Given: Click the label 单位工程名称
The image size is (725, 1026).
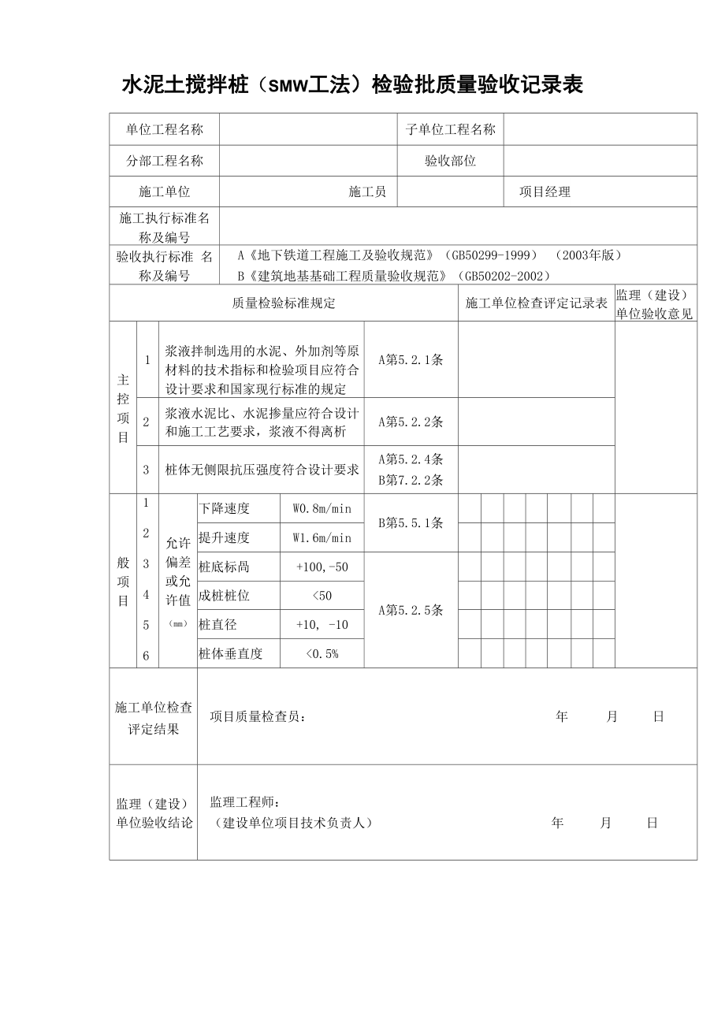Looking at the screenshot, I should pyautogui.click(x=164, y=130).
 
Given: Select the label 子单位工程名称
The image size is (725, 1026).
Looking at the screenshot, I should pyautogui.click(x=451, y=130).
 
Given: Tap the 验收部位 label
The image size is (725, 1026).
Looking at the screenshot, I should pyautogui.click(x=451, y=161).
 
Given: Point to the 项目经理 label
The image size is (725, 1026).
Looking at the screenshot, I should pyautogui.click(x=545, y=191).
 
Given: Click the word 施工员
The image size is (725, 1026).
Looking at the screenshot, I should pyautogui.click(x=367, y=191).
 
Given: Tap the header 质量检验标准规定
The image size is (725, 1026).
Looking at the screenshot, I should pyautogui.click(x=284, y=303).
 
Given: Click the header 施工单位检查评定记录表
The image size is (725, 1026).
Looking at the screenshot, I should pyautogui.click(x=537, y=303).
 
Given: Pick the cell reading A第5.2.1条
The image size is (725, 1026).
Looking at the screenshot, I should pyautogui.click(x=411, y=359).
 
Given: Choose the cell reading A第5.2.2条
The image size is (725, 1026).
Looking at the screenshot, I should pyautogui.click(x=411, y=422).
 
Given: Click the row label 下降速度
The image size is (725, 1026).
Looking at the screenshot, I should pyautogui.click(x=225, y=508).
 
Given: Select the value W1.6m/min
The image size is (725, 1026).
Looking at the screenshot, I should pyautogui.click(x=322, y=537).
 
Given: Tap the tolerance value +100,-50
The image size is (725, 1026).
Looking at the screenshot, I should pyautogui.click(x=322, y=567).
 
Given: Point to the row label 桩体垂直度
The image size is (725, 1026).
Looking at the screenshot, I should pyautogui.click(x=231, y=653).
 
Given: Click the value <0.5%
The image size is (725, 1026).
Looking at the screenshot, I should pyautogui.click(x=322, y=653).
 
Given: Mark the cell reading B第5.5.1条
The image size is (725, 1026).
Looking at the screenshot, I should pyautogui.click(x=411, y=522).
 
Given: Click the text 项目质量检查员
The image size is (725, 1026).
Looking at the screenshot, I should pyautogui.click(x=257, y=716).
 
